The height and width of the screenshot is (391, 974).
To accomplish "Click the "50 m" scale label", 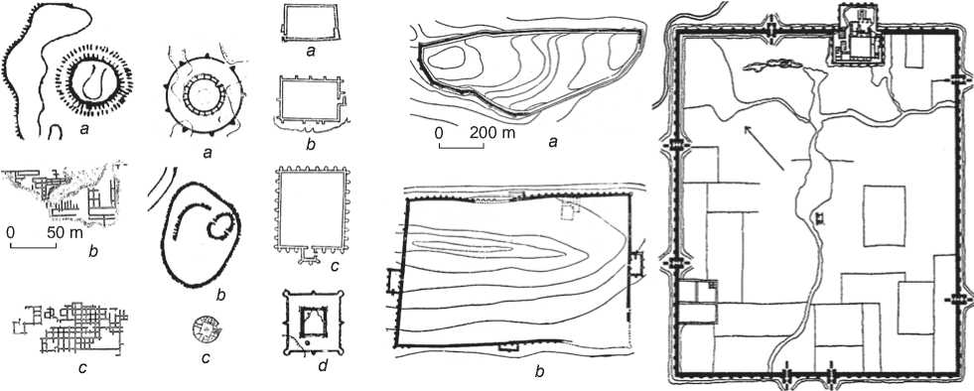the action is coord(65,234).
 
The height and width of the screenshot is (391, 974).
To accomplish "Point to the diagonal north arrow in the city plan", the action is coord(764,147).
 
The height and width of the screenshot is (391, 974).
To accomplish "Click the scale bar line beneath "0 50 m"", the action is coord(34,247).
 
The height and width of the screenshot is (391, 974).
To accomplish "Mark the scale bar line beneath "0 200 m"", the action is coord(462,147).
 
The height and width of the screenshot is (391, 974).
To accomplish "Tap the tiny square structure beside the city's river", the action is coord(819,217).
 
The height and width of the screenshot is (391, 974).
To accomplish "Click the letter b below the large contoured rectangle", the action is coord(539,372).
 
